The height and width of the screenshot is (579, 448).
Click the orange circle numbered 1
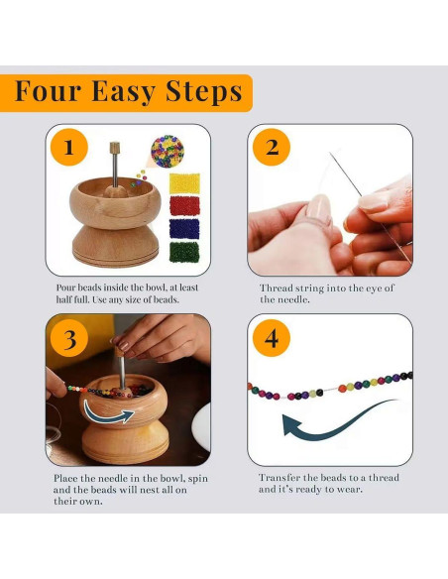pos(69,148)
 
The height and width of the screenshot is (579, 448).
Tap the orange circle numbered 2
pos(272,148)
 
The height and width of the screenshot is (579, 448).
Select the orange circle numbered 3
pos(69,338)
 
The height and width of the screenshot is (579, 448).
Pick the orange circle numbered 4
pos(272,338)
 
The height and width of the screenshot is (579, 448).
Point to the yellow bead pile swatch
pos(184,183)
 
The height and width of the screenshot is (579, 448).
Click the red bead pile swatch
pos(184,206)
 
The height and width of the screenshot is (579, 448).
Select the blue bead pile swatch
pos(184,229)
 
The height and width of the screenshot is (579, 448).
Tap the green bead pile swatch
pos(184,252)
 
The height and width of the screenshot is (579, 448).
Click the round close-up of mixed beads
pos(168,152)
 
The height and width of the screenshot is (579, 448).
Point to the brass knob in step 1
pos(115,148)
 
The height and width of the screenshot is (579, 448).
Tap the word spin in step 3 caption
pos(198,479)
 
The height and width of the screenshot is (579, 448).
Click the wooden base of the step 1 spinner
pos(116,246)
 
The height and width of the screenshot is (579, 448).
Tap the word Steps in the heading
pos(204,91)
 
